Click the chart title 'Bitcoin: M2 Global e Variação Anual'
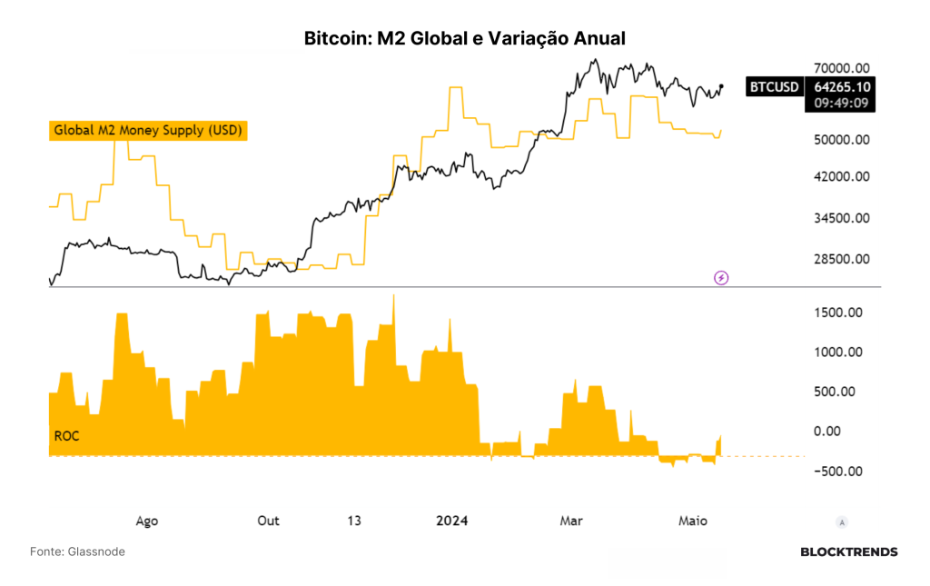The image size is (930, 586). pyautogui.click(x=464, y=38)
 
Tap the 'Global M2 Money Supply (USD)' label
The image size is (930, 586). pyautogui.click(x=148, y=131)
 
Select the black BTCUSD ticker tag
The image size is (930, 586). pyautogui.click(x=774, y=86)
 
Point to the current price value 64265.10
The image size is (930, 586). pyautogui.click(x=842, y=86)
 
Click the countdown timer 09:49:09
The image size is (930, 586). pyautogui.click(x=841, y=104)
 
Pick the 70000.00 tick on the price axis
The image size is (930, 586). pyautogui.click(x=842, y=68)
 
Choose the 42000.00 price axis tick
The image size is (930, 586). pyautogui.click(x=842, y=176)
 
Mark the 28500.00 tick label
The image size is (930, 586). pyautogui.click(x=842, y=259)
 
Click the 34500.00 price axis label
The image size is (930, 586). pyautogui.click(x=842, y=218)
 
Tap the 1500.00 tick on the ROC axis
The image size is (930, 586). pyautogui.click(x=838, y=313)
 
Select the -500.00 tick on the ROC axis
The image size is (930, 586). pyautogui.click(x=838, y=471)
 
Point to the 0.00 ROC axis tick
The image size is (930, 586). pyautogui.click(x=826, y=432)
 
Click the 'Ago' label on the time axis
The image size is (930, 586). pyautogui.click(x=147, y=521)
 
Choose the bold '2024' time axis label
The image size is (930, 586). pyautogui.click(x=452, y=521)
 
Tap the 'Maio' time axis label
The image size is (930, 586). pyautogui.click(x=693, y=521)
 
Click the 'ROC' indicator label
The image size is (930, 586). pyautogui.click(x=66, y=436)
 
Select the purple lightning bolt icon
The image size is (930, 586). pyautogui.click(x=720, y=278)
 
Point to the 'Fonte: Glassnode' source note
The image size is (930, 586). pyautogui.click(x=78, y=551)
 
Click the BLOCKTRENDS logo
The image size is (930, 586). pyautogui.click(x=849, y=552)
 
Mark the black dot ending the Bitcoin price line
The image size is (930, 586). pyautogui.click(x=721, y=86)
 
